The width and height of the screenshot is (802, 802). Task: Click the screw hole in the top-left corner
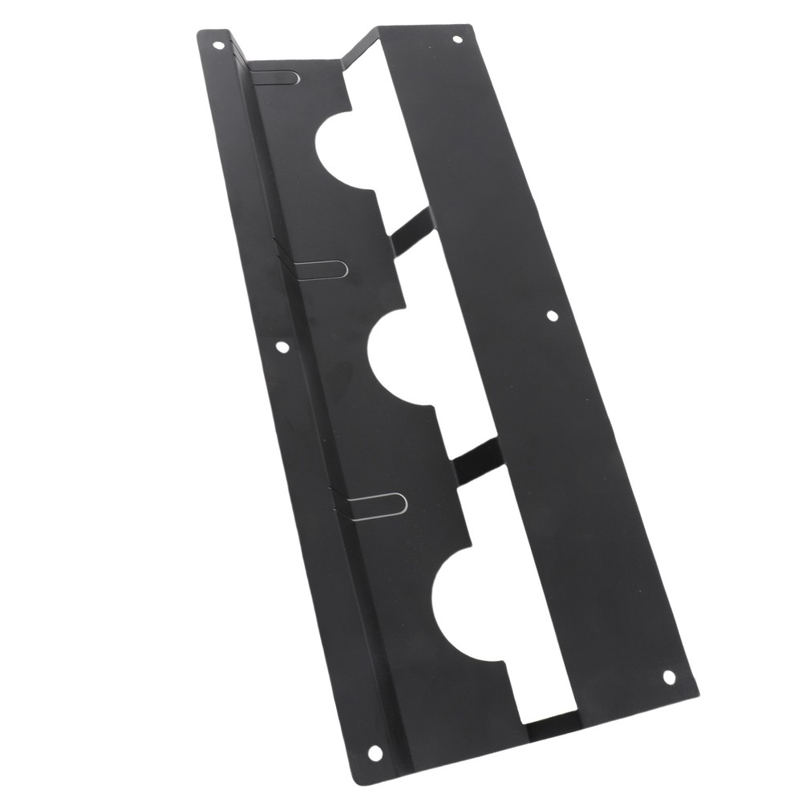tap(218, 45)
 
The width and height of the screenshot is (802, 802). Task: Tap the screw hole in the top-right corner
tap(457, 38)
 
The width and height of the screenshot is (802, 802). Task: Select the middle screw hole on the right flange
tap(552, 316)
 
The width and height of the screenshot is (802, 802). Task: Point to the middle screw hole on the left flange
tap(282, 347)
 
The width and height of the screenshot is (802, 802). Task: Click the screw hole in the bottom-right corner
tap(668, 676)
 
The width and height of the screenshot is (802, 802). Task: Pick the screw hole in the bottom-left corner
tap(375, 751)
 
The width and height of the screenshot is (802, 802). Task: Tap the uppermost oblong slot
tap(277, 77)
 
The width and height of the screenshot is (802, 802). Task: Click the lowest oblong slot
tap(377, 504)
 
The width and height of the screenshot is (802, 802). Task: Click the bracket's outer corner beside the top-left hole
tap(200, 32)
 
